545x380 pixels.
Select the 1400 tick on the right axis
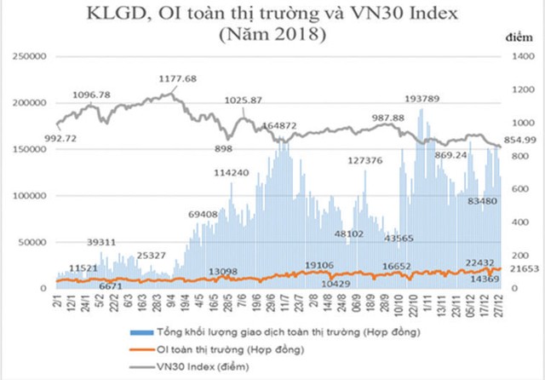tap(520, 55)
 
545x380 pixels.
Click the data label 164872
tap(280, 125)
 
